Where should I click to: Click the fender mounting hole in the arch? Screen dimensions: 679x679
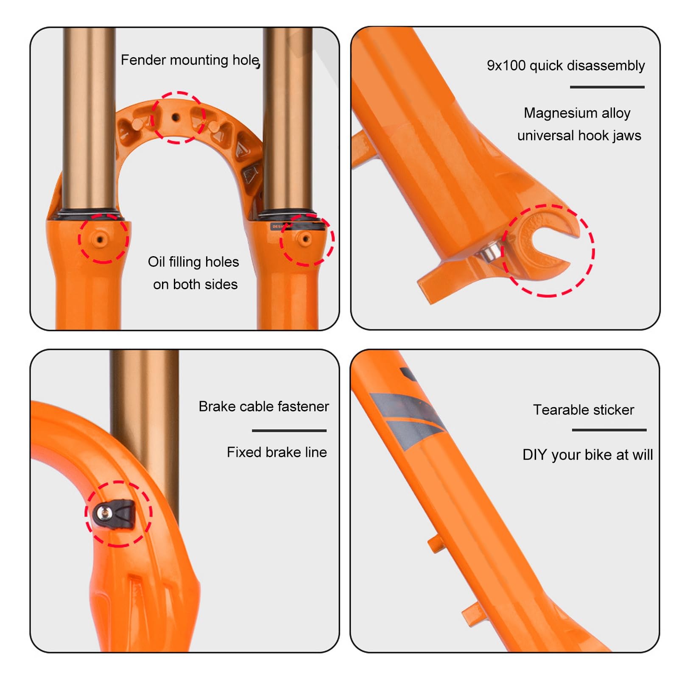tap(176, 117)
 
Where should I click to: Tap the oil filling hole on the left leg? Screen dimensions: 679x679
tap(100, 240)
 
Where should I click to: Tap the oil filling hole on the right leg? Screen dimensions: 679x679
tap(305, 239)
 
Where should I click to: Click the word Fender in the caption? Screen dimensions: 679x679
tap(143, 60)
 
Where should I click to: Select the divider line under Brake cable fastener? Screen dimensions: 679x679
tap(289, 430)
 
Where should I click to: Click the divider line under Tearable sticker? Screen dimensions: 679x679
tap(609, 430)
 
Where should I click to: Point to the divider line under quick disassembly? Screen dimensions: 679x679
tap(607, 87)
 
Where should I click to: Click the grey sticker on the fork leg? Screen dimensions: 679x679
tap(407, 420)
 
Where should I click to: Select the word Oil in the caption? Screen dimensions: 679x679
tap(156, 262)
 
